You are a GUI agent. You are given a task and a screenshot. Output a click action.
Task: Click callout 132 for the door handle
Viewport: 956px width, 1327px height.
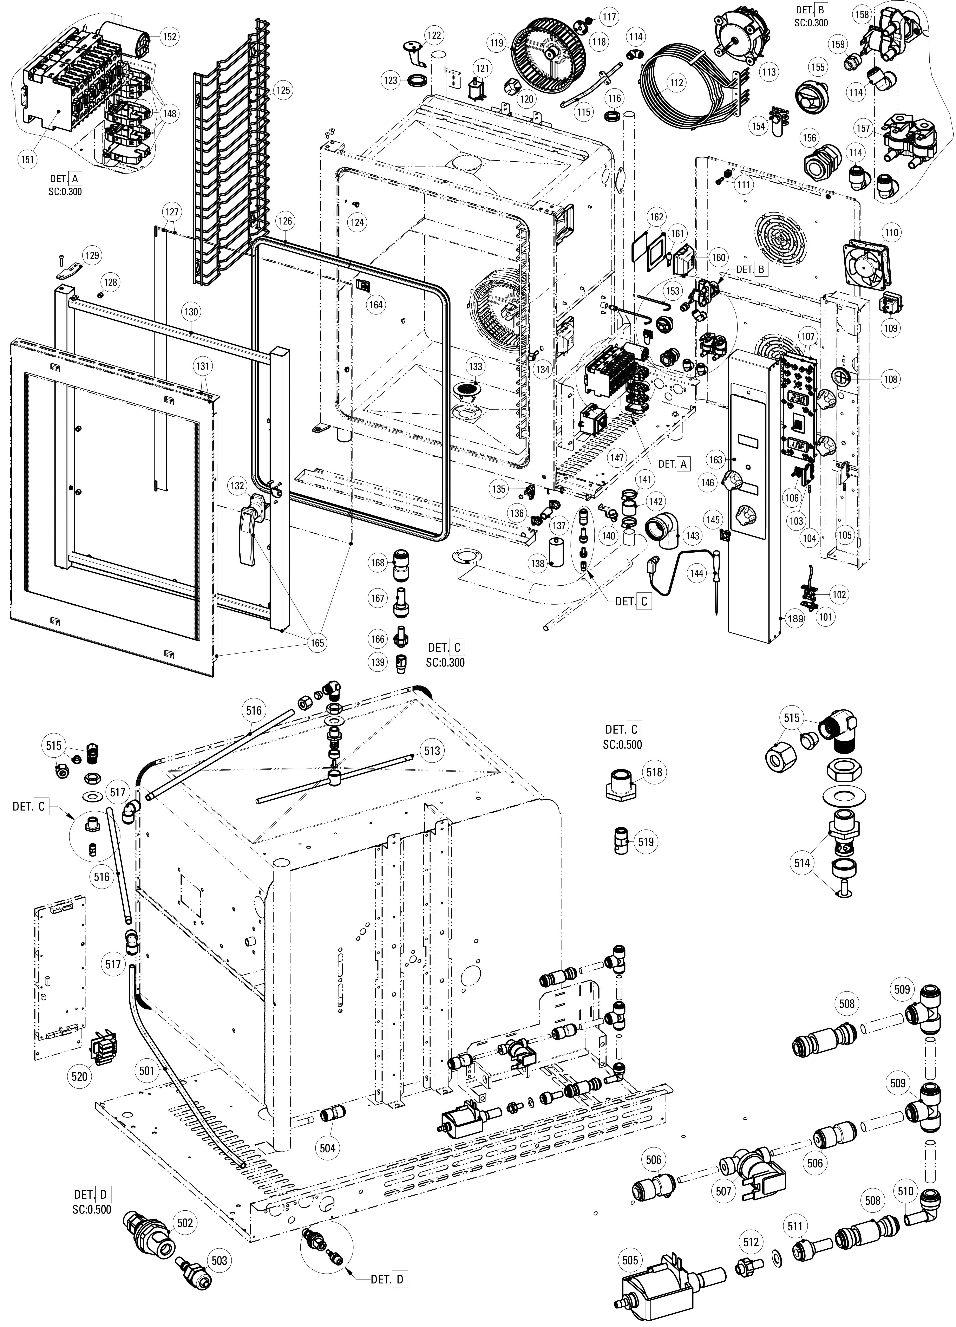[x=237, y=486]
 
